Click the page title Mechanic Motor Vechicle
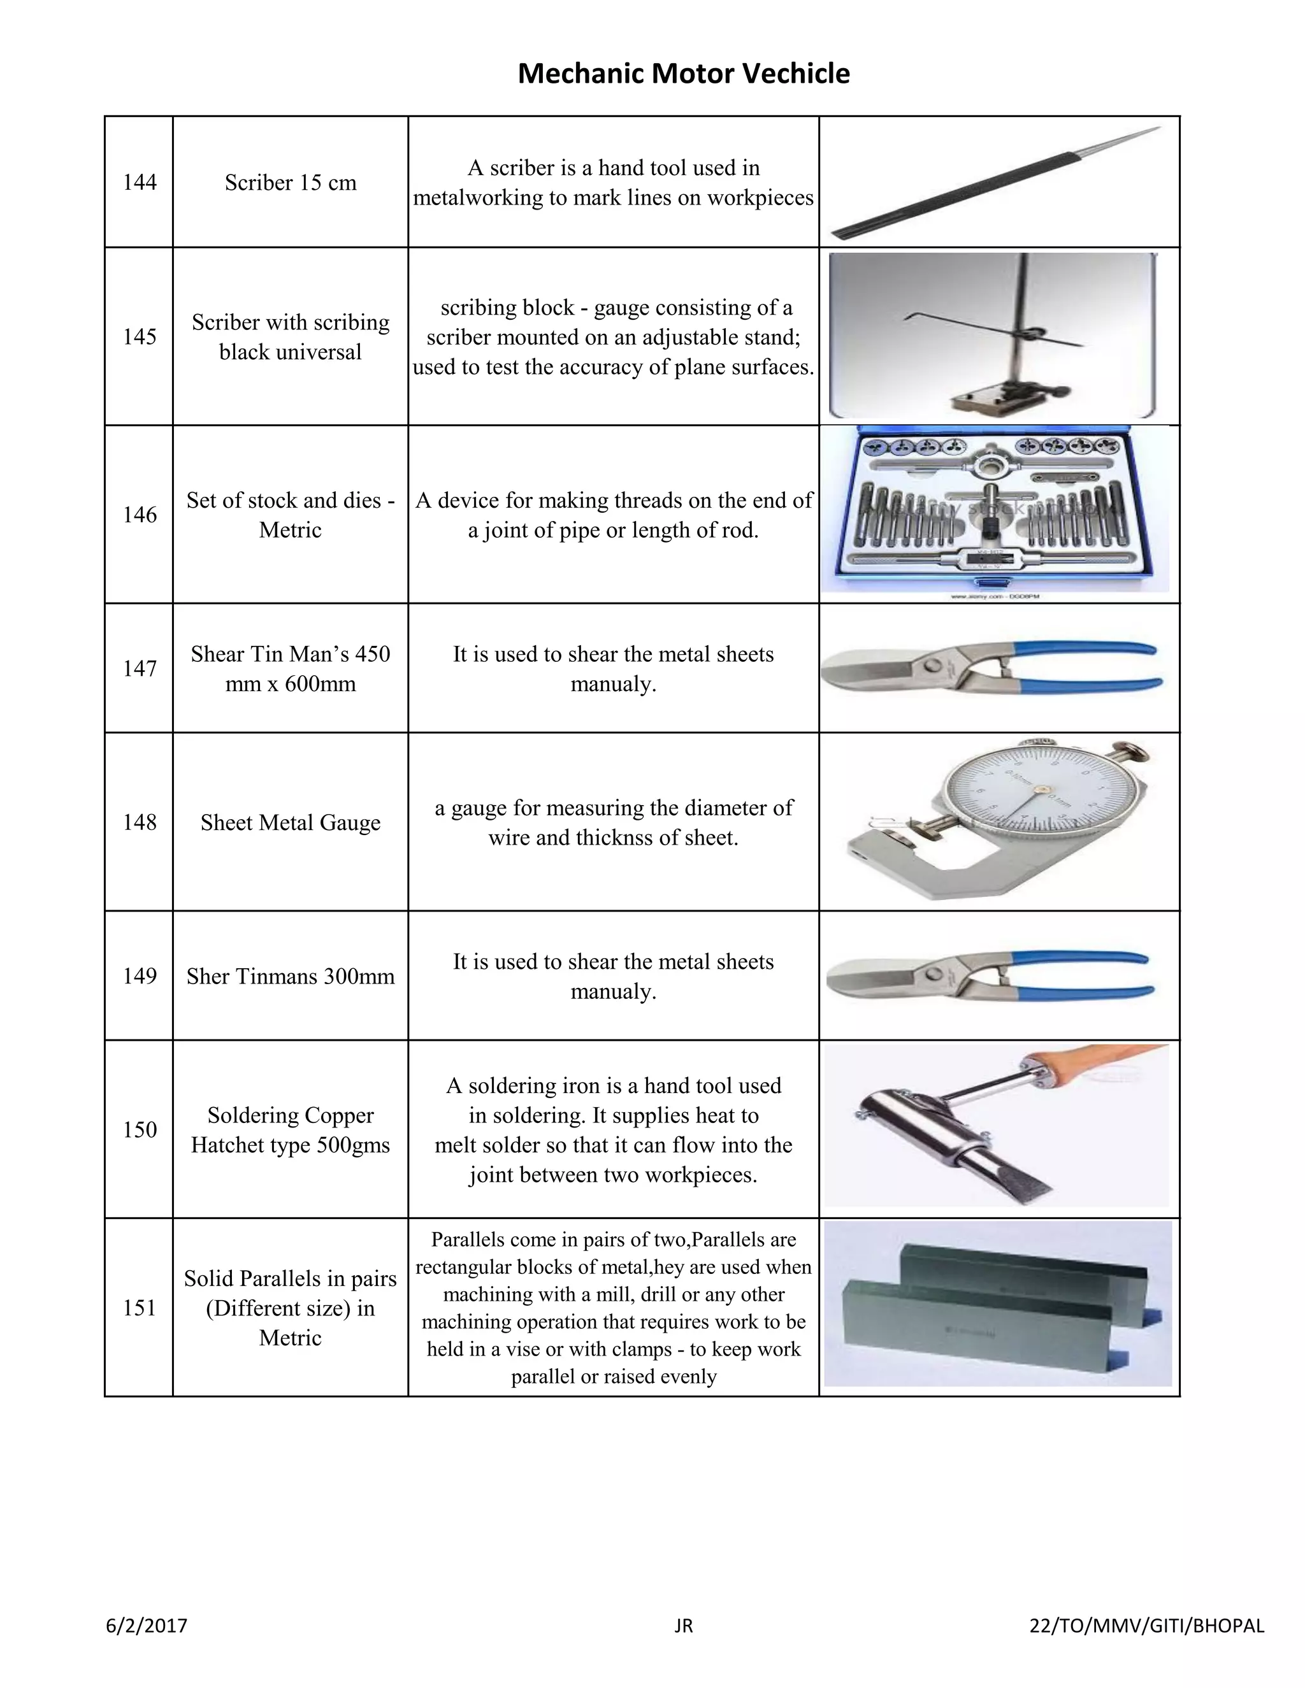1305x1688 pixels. point(684,73)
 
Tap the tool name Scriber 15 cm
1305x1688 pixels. point(290,182)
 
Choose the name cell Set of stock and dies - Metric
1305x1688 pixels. point(290,515)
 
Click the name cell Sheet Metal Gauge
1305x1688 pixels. point(290,822)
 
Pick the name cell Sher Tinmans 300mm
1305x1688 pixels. point(290,976)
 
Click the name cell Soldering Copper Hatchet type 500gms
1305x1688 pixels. point(290,1130)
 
